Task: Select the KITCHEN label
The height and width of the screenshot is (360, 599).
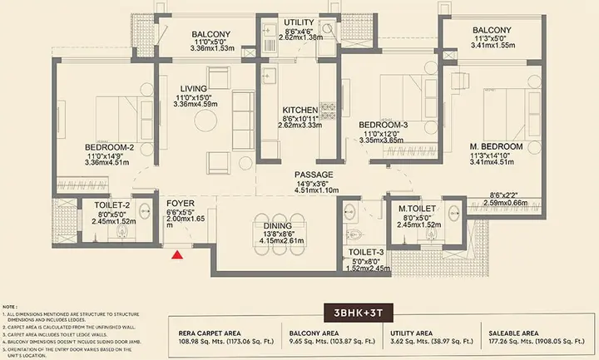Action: point(298,111)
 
